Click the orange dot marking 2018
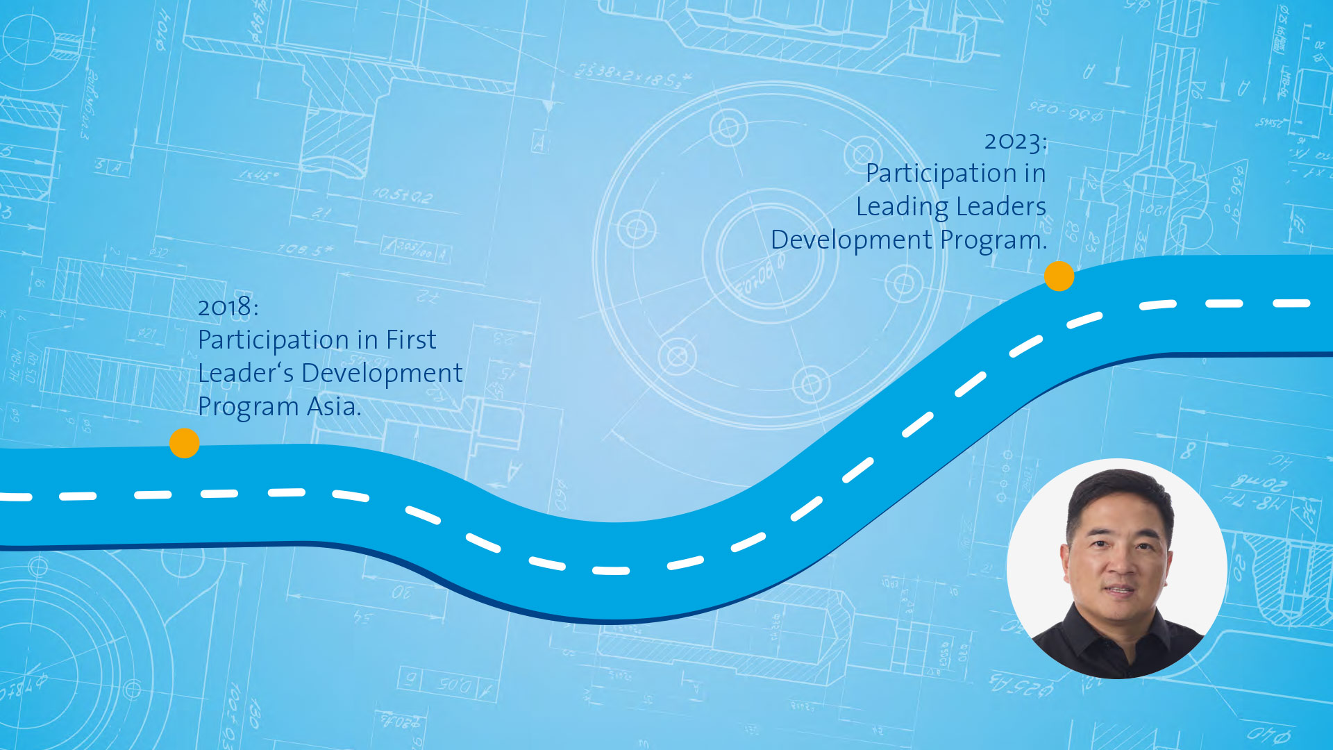[x=185, y=443]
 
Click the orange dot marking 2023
[x=1059, y=276]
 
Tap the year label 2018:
[x=228, y=307]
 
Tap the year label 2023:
[x=1016, y=142]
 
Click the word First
[x=411, y=340]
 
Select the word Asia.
[x=334, y=406]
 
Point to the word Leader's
[x=246, y=373]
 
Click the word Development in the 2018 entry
[x=382, y=374]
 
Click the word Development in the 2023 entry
[x=851, y=240]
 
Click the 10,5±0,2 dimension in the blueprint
[x=403, y=197]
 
